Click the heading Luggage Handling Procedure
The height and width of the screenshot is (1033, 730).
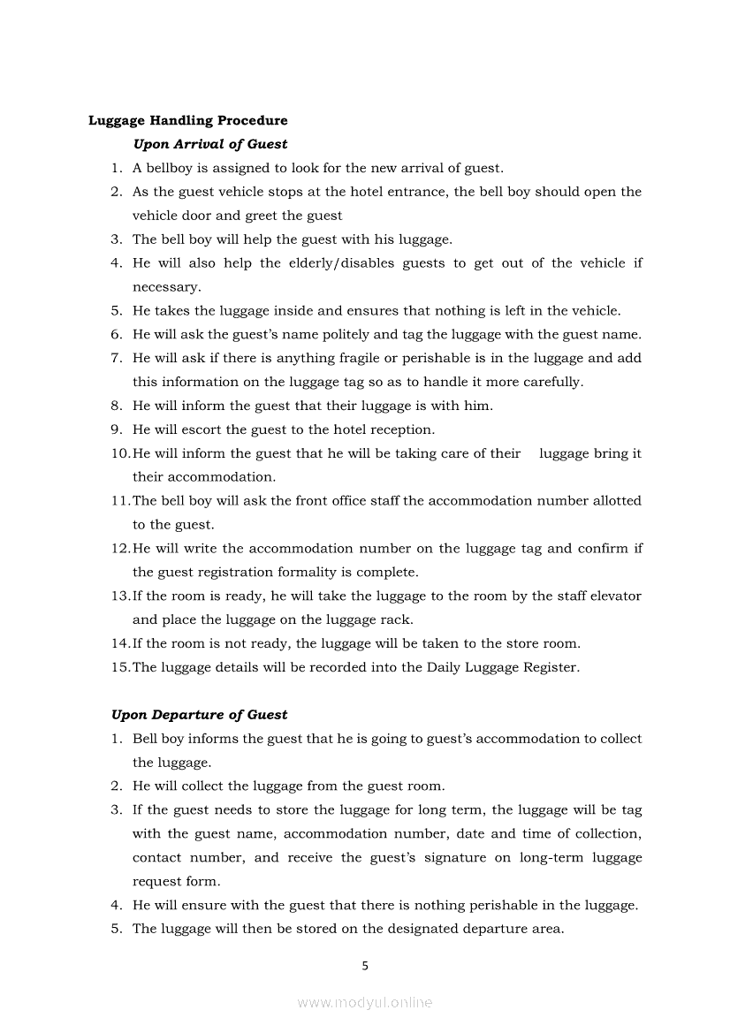(x=187, y=120)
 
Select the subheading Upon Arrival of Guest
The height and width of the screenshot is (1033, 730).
(x=209, y=143)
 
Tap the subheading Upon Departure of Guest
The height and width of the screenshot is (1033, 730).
(x=199, y=715)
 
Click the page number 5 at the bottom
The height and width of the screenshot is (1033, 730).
(x=365, y=966)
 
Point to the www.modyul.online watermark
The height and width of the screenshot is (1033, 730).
(x=365, y=1002)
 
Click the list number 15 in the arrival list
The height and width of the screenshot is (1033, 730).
(x=119, y=667)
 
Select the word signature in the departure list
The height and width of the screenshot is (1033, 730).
(x=450, y=858)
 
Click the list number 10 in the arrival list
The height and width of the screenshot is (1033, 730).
(x=119, y=453)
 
